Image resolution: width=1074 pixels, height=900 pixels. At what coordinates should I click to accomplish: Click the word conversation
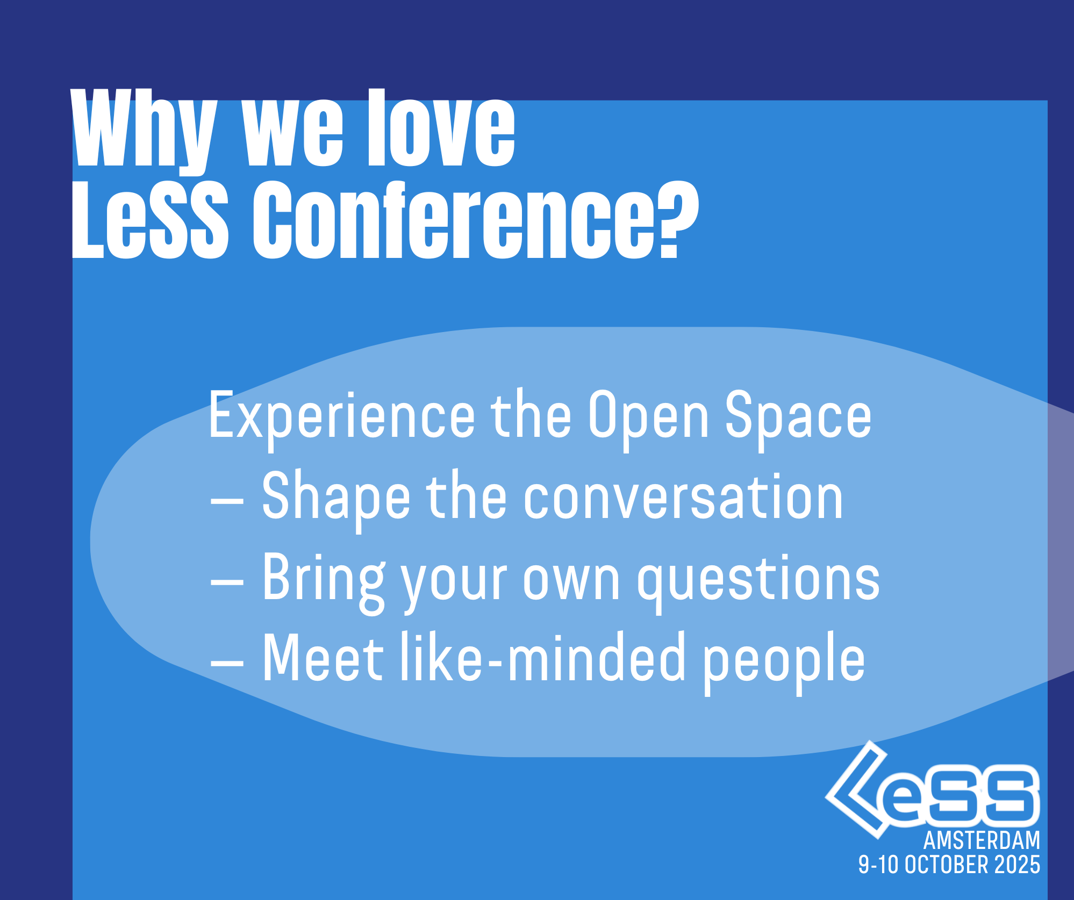pyautogui.click(x=683, y=498)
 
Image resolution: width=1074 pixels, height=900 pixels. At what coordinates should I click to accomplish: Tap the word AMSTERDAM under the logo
pyautogui.click(x=982, y=840)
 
